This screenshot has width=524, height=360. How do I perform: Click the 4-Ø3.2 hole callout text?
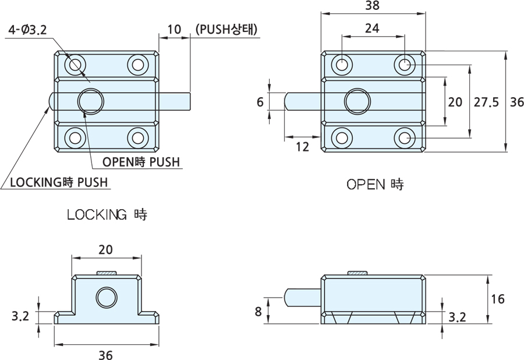pos(28,31)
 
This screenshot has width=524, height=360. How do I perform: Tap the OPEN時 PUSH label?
pos(141,162)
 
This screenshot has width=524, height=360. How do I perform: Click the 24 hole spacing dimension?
pos(373,27)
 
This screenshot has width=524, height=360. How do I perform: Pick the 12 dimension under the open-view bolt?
pos(302,147)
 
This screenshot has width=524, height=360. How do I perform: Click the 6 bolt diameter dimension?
pos(260,102)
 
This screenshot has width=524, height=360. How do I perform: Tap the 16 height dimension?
pos(497,299)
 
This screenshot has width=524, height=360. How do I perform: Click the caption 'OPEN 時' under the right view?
pos(375,185)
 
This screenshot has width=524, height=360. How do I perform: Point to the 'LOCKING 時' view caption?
pos(107,214)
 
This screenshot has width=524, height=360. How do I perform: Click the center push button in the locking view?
pos(90,101)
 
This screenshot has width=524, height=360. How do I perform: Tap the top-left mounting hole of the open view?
pos(342,64)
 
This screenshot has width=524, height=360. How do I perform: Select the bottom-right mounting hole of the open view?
pos(405,138)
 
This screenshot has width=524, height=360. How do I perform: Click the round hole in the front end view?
pos(106,298)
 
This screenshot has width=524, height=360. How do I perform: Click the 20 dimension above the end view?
pos(105,249)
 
